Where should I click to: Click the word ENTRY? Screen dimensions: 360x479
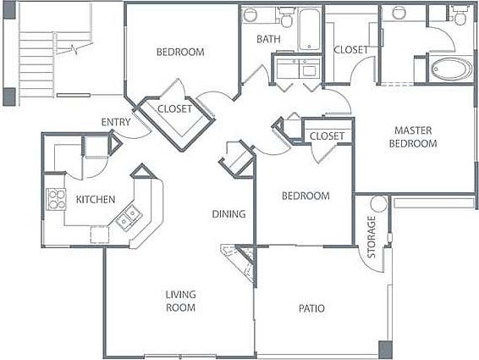click(x=115, y=122)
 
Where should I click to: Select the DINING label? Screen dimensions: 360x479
click(x=228, y=213)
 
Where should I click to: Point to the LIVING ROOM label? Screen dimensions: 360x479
click(x=180, y=301)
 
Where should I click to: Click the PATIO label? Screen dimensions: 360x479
click(x=311, y=308)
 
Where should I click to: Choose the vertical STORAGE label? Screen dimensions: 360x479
click(x=371, y=238)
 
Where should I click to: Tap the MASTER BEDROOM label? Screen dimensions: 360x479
click(x=413, y=136)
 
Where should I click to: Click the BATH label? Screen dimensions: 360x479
click(x=269, y=39)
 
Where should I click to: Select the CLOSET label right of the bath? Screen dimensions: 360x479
click(x=350, y=50)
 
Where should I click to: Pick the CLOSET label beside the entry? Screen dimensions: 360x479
click(x=175, y=109)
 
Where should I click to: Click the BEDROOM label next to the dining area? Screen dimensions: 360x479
click(x=305, y=196)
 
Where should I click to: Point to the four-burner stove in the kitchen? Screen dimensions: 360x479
click(x=56, y=199)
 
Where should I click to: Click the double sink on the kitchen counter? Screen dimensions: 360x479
click(x=128, y=217)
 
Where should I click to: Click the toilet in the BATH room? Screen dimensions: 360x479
click(x=285, y=17)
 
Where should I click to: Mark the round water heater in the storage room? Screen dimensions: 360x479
click(x=377, y=204)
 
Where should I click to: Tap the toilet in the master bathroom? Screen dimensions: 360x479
click(x=460, y=15)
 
